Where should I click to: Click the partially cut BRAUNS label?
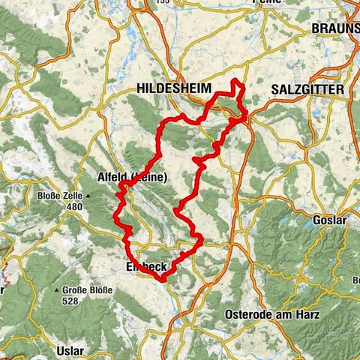(335, 28)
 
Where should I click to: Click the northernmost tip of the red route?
(236, 79)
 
